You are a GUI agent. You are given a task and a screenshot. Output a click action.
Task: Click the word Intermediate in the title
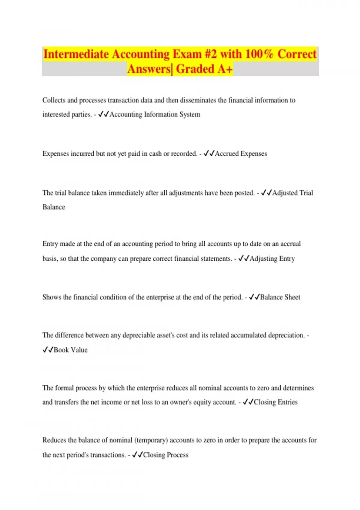click(76, 54)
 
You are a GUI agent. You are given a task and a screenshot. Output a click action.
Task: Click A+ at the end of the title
click(225, 69)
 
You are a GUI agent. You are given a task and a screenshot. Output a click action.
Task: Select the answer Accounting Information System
click(155, 115)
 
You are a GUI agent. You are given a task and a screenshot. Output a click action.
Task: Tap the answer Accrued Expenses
click(241, 154)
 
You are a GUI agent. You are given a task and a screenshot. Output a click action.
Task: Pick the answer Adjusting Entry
click(272, 259)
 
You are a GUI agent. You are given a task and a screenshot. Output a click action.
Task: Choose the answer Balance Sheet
click(280, 297)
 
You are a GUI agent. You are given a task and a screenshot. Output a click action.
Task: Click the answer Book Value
click(70, 350)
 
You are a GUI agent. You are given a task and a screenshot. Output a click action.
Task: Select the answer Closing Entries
click(276, 402)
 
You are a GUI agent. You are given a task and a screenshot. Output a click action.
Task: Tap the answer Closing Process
click(166, 455)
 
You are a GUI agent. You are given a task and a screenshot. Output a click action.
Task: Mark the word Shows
click(52, 297)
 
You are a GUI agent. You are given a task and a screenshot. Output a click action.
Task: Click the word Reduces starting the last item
click(54, 440)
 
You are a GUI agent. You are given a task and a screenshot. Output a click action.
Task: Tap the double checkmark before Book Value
click(48, 350)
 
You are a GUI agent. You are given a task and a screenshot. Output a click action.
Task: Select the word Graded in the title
click(195, 69)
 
